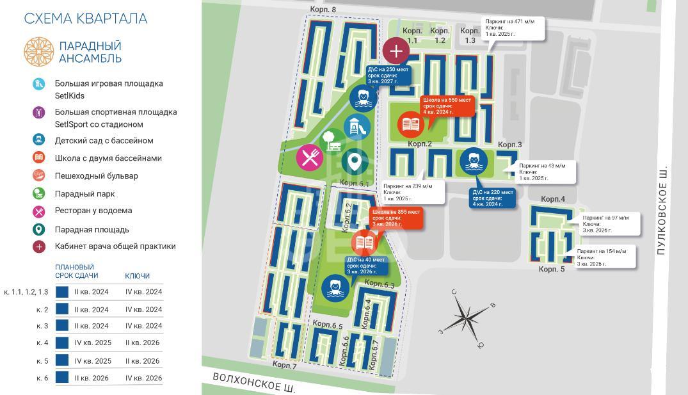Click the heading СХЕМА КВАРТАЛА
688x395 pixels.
click(86, 19)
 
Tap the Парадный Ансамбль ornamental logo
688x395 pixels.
click(39, 51)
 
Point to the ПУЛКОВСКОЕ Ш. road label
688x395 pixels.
click(663, 209)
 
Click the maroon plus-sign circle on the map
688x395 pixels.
click(396, 51)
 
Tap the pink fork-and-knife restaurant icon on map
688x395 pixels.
click(310, 157)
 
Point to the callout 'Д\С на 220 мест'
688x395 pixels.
click(493, 198)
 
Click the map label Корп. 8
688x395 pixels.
click(323, 10)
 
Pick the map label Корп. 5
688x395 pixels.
click(552, 270)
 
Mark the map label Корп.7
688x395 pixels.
click(284, 365)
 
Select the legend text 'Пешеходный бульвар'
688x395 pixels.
click(96, 175)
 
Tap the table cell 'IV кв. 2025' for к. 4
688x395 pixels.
click(93, 343)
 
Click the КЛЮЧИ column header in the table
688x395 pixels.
click(137, 276)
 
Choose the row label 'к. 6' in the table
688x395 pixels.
click(42, 378)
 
